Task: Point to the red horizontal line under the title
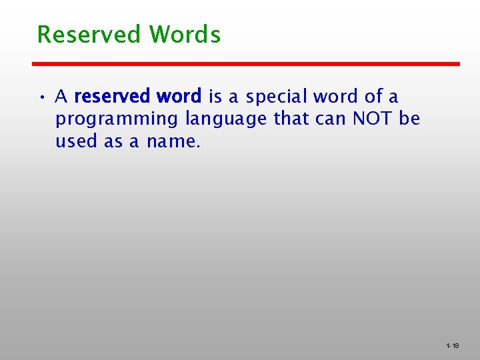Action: click(246, 64)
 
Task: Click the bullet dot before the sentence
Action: click(41, 97)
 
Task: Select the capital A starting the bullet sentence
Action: click(61, 97)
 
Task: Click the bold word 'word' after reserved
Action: click(179, 97)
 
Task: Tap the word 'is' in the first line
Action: click(215, 97)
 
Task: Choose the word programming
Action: click(117, 121)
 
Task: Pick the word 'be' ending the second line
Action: click(410, 119)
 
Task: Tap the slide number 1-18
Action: click(453, 346)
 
